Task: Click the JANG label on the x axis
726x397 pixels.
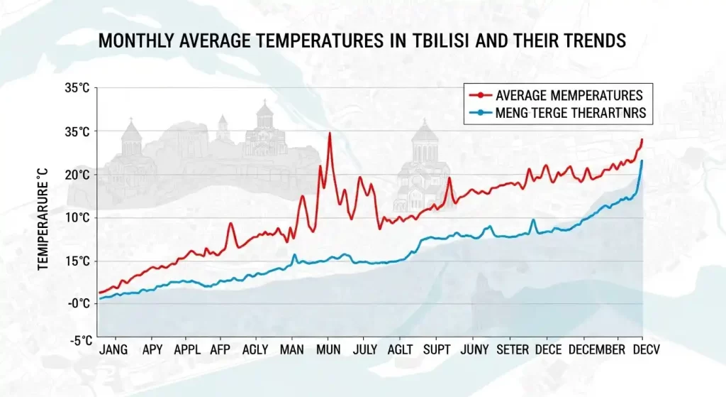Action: click(114, 349)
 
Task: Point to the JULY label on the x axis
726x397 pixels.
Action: click(364, 349)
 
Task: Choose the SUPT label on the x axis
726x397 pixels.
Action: click(437, 349)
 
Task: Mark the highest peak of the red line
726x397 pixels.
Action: click(330, 134)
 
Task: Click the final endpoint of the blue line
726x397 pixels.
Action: click(642, 161)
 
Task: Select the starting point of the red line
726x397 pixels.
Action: click(100, 292)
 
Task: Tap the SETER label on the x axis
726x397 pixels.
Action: click(513, 349)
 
